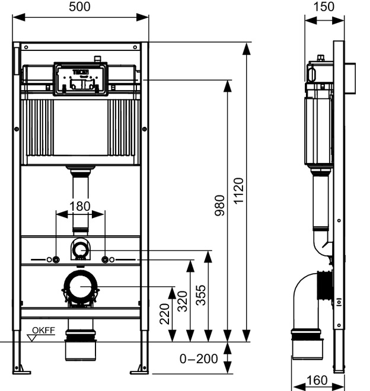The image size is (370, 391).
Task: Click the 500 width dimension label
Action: point(79,7)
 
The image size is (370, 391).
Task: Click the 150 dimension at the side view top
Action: point(324,7)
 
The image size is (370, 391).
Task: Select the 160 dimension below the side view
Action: point(317,380)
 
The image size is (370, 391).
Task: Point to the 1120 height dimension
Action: point(239,191)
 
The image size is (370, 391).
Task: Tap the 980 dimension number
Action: point(220,205)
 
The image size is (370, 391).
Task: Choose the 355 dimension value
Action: point(201,295)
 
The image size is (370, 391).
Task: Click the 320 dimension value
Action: point(183,301)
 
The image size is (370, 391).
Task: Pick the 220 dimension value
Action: point(164,314)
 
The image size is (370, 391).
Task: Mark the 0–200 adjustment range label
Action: point(199,359)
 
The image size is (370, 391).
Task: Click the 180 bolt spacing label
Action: point(79,207)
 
